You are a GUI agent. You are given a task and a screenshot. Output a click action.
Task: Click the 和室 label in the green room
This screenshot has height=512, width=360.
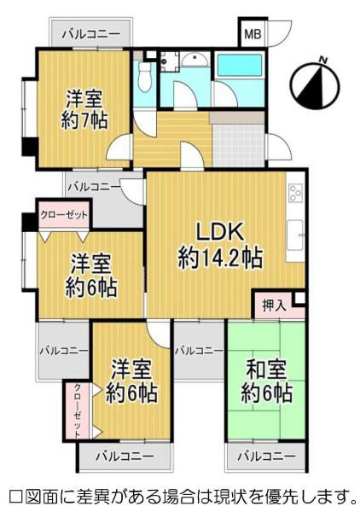pyautogui.click(x=265, y=369)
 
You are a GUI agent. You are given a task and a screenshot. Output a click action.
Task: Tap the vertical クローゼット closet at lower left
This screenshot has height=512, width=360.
pyautogui.click(x=77, y=409)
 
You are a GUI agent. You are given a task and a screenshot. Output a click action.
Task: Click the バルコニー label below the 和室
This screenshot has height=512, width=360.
pyautogui.click(x=265, y=456)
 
